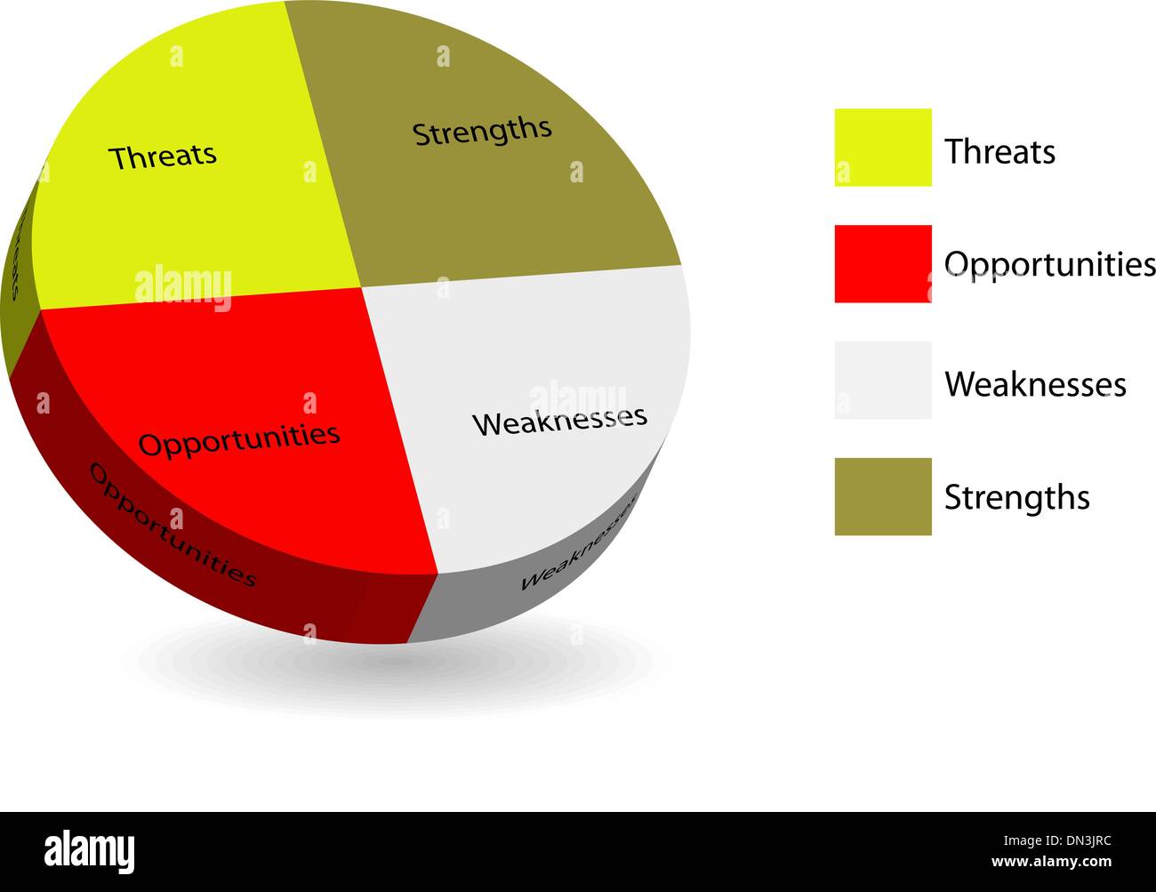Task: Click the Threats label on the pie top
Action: [163, 156]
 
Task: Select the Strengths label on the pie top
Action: [482, 132]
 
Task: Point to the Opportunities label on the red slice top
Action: [239, 438]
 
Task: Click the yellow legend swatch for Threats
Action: [882, 148]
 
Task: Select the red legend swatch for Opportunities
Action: [882, 264]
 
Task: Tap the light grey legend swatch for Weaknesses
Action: [882, 381]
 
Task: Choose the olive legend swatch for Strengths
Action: [882, 496]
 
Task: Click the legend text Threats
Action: [999, 152]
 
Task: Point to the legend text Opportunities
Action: [1049, 264]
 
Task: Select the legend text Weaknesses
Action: [1035, 384]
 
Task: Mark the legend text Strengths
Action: [1016, 497]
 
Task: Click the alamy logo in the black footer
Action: [89, 851]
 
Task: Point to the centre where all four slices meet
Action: [361, 287]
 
